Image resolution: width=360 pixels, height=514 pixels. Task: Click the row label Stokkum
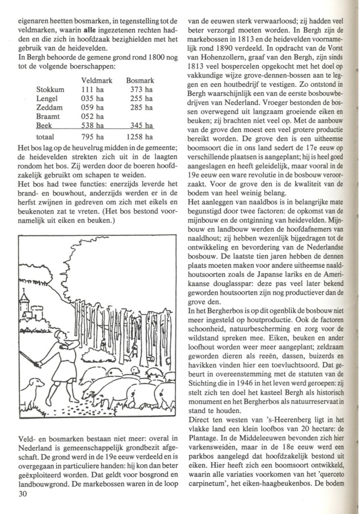50,90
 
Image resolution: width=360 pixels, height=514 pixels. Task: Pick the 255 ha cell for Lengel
141,98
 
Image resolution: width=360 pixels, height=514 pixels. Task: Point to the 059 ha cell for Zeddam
92,107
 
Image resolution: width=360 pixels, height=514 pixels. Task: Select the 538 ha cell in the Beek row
92,125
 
